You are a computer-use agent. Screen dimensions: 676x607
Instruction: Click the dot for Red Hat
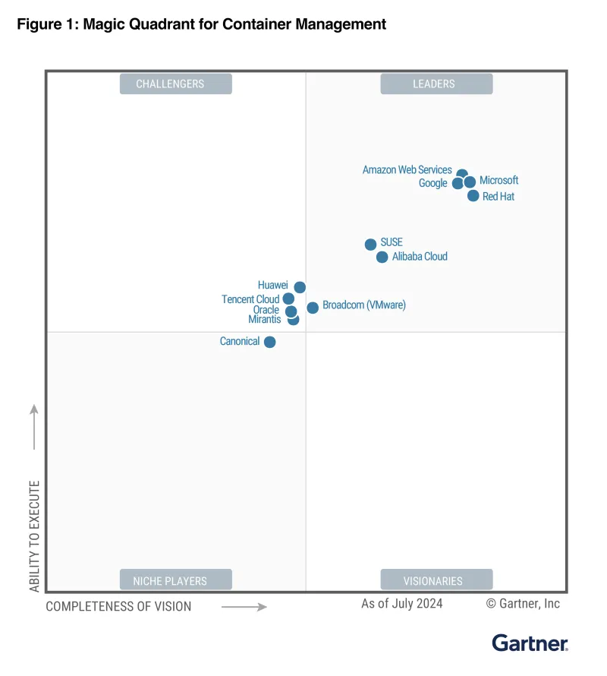[473, 196]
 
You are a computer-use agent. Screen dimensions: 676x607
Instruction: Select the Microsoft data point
[470, 182]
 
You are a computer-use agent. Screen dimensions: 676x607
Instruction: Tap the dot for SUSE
[370, 245]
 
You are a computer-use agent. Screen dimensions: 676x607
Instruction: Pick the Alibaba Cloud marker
[382, 257]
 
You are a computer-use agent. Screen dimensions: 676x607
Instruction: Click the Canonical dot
[269, 342]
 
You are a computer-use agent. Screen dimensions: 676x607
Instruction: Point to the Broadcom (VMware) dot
[313, 308]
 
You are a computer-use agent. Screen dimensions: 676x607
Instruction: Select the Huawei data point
[300, 287]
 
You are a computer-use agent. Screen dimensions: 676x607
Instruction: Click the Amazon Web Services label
[407, 170]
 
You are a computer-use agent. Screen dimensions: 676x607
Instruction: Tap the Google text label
[432, 183]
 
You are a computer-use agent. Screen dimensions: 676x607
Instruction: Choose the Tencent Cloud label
[250, 299]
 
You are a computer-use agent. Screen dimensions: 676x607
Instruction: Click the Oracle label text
[266, 310]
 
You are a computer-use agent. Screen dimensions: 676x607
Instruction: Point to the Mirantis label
[265, 320]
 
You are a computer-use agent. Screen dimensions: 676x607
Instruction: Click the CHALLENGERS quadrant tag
[175, 84]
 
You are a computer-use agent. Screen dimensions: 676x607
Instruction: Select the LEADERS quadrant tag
[436, 84]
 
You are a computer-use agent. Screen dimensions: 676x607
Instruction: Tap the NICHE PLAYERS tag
[175, 580]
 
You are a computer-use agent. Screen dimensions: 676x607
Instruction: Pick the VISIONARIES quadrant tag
[436, 580]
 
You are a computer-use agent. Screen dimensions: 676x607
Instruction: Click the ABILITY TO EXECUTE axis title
[34, 536]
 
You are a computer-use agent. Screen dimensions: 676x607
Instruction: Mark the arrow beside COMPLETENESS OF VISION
[244, 607]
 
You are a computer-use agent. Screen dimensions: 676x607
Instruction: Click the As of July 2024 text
[401, 604]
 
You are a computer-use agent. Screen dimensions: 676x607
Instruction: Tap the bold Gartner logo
[530, 643]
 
